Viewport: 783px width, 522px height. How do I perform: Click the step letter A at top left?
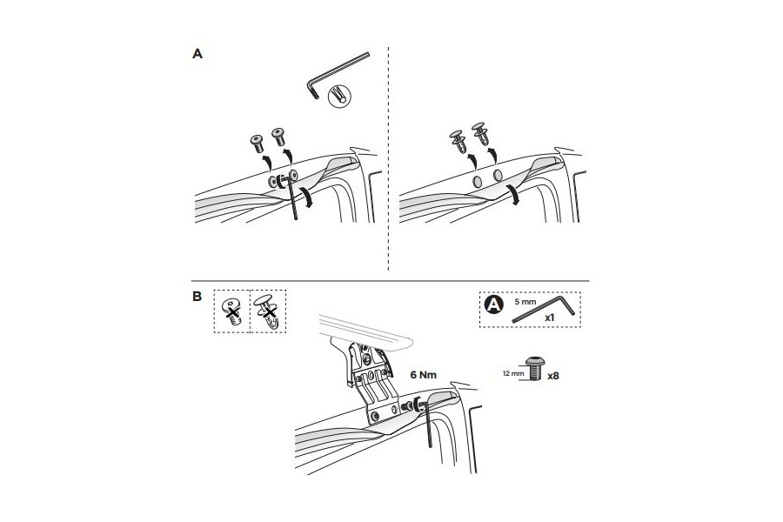point(197,54)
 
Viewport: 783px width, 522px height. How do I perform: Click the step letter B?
point(197,296)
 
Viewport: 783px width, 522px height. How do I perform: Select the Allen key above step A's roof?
point(337,74)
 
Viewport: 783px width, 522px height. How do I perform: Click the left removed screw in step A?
point(257,144)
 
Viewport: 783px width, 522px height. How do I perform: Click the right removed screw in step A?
point(278,137)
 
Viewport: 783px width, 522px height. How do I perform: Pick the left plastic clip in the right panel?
point(458,141)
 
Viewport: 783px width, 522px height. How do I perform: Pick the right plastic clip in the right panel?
point(480,133)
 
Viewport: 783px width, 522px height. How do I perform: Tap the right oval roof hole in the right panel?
point(498,176)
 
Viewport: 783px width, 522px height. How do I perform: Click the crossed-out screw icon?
point(231,311)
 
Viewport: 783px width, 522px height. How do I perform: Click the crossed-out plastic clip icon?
point(268,311)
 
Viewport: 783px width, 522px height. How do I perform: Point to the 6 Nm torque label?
point(424,375)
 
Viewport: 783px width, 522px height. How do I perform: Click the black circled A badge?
point(493,304)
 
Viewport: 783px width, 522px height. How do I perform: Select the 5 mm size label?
point(525,302)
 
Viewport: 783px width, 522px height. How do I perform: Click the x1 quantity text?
point(549,318)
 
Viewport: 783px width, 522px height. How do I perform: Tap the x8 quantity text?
point(553,376)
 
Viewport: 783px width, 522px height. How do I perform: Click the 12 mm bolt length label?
point(513,373)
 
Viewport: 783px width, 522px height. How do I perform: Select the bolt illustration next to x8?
point(535,369)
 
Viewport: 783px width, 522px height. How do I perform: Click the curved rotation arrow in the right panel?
point(514,194)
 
